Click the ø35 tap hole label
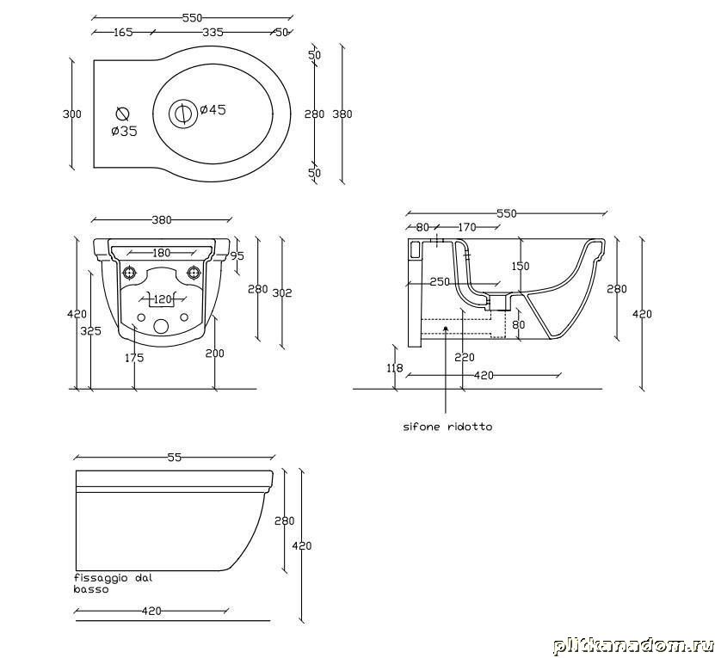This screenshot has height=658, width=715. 124,132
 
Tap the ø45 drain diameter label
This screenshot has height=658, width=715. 213,109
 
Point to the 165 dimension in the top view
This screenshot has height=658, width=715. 123,32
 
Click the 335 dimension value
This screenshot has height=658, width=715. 213,32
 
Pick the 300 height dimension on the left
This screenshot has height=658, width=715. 71,114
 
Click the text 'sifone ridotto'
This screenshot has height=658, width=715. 447,427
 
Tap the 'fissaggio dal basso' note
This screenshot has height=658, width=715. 113,583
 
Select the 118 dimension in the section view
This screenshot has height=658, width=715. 394,367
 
